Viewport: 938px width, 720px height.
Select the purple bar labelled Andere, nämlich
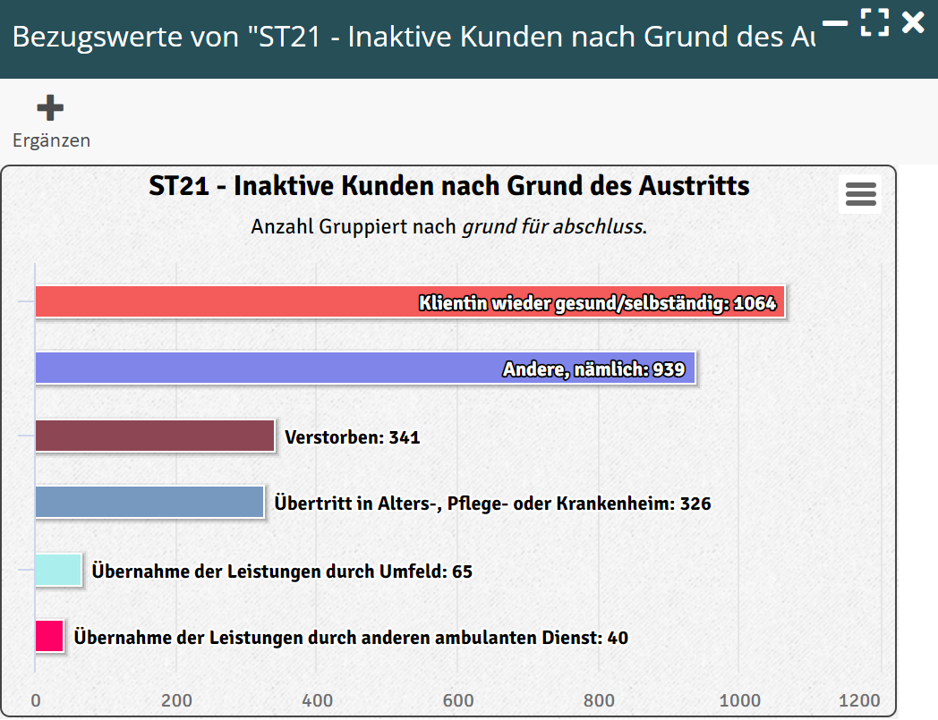269,368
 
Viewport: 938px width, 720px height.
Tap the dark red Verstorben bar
154,436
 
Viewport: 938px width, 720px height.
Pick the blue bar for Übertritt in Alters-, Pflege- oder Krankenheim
149,502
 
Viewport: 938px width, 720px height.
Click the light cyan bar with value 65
58,570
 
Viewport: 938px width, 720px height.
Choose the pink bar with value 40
49,636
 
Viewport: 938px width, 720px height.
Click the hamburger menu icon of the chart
860,194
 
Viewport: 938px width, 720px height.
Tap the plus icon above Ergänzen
50,108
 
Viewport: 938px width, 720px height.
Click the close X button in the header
913,22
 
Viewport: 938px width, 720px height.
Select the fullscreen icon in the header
874,22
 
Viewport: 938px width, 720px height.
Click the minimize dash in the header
835,22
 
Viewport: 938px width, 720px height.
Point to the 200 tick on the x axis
176,700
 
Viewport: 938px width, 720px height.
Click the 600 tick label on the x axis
458,700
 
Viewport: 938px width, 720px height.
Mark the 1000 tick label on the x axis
740,700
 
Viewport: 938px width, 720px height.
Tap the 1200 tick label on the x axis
860,700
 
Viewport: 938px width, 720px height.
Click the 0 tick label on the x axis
36,700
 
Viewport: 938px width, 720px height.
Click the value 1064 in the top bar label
755,303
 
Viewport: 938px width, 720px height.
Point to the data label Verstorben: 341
352,437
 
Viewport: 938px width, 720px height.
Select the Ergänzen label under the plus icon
51,140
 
